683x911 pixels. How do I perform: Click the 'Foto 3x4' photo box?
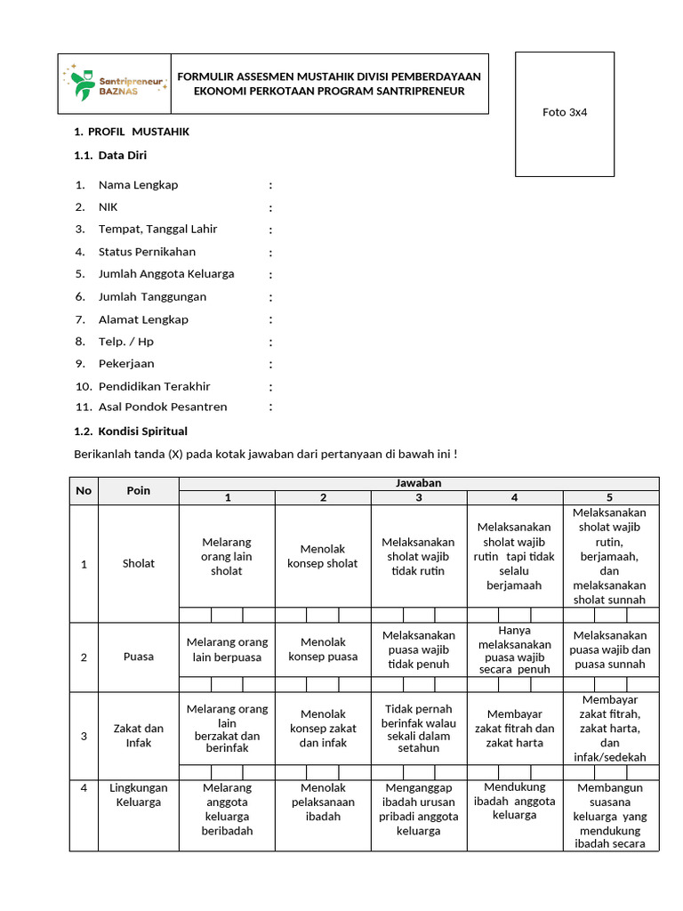point(565,113)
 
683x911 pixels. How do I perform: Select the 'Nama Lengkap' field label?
point(138,185)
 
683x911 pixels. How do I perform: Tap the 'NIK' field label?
point(108,207)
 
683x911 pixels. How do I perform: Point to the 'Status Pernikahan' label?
point(147,252)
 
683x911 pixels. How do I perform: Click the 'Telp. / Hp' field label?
point(125,342)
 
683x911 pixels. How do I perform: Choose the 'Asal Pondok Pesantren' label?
point(163,407)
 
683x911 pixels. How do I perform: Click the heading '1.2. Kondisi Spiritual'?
point(130,431)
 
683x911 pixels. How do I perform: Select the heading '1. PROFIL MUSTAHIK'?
point(132,132)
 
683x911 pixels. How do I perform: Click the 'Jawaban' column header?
point(419,483)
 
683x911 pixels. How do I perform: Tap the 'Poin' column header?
point(139,490)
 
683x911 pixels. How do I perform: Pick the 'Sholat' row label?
point(139,563)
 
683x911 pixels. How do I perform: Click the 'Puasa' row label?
point(139,657)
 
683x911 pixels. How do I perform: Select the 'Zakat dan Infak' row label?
point(139,736)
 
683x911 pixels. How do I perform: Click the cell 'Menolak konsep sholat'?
point(323,556)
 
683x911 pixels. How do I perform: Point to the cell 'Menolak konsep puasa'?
point(323,649)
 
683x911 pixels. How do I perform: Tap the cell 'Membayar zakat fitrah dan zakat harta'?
point(515,729)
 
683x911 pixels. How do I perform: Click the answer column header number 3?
point(419,498)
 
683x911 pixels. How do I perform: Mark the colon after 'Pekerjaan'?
point(270,365)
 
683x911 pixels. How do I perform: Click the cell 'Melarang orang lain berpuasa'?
point(227,649)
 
